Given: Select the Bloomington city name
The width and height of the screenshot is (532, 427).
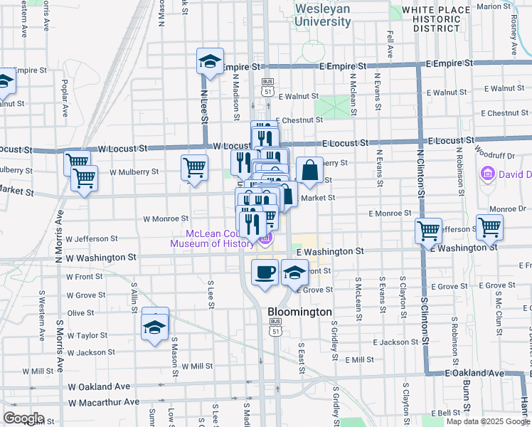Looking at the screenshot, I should click(299, 312).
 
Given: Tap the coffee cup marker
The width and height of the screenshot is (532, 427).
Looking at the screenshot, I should click(265, 273).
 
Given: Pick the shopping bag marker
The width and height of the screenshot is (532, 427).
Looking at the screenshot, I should click(309, 170).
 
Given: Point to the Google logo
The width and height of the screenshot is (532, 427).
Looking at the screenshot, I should click(23, 418).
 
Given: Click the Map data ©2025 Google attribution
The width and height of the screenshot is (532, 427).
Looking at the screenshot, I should click(488, 421).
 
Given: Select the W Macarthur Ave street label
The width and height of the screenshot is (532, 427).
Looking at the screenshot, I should click(104, 402).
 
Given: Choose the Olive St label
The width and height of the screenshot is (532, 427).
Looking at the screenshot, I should click(80, 313).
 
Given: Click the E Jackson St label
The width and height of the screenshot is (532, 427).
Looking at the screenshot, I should click(398, 342).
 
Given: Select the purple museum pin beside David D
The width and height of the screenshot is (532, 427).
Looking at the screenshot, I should click(488, 173).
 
